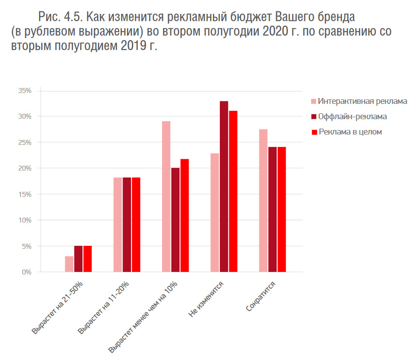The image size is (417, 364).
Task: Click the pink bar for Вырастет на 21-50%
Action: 69,264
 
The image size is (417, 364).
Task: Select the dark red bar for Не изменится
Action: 224,186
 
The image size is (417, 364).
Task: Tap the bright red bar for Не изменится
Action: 233,191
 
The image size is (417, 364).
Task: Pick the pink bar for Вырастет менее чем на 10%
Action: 166,196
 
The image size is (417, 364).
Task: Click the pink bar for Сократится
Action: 263,200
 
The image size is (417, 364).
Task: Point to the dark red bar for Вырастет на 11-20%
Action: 127,225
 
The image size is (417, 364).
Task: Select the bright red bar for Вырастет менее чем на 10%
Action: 185,215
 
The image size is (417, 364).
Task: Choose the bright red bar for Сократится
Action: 282,209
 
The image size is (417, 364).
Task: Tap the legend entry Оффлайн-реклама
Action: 352,117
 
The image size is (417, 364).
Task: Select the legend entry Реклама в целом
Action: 350,132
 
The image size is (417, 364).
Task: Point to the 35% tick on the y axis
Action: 25,91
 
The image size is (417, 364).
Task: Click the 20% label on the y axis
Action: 25,169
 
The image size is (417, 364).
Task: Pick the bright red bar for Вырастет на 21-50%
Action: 87,259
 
